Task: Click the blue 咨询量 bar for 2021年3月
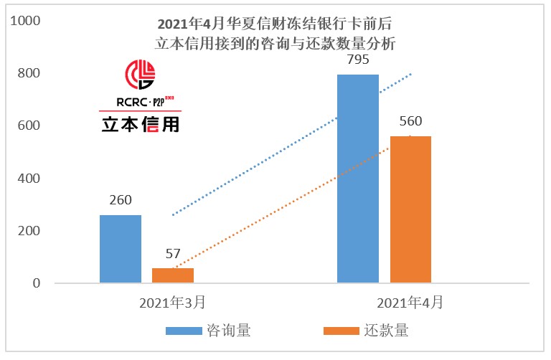click(x=121, y=249)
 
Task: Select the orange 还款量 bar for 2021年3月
click(x=173, y=275)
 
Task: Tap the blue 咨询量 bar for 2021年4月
click(x=358, y=179)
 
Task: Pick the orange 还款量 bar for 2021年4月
click(x=410, y=209)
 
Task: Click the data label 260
click(x=121, y=200)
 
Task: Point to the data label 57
click(x=173, y=253)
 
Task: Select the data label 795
click(x=358, y=60)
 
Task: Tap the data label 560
click(x=410, y=120)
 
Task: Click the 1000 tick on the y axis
click(x=26, y=21)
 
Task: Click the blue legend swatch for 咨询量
click(x=184, y=331)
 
